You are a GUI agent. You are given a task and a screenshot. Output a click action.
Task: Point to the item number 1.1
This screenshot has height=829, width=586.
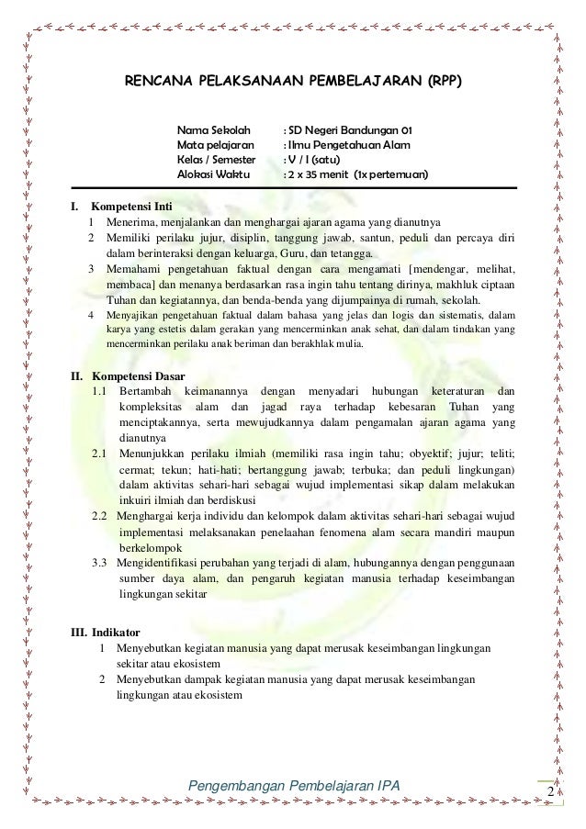[x=100, y=392]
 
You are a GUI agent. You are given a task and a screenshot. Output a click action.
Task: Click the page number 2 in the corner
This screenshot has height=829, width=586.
[x=550, y=791]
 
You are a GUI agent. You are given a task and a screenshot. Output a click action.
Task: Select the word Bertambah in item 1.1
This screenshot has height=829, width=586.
[x=149, y=392]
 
